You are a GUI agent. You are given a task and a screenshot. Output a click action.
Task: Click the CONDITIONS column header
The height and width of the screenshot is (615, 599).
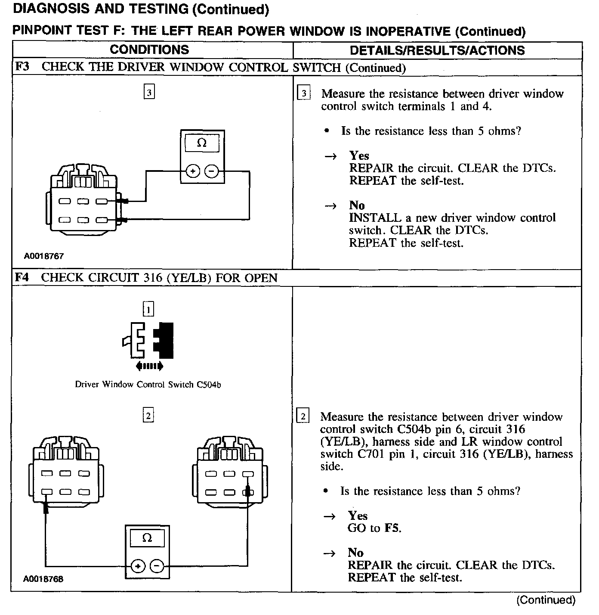click(149, 50)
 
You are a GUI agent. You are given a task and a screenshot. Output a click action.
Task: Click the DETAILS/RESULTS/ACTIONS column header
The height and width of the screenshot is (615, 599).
click(437, 50)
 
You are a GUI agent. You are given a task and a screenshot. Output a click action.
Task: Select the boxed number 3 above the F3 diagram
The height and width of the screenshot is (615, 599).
click(149, 92)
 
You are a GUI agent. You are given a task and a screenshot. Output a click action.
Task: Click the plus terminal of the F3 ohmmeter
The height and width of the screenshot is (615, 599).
click(192, 171)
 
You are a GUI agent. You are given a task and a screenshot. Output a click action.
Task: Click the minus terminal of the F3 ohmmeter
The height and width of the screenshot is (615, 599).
click(211, 171)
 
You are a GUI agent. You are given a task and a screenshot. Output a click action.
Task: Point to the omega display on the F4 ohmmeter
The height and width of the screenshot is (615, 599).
click(147, 538)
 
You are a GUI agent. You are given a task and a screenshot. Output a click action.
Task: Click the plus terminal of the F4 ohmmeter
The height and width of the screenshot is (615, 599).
click(138, 566)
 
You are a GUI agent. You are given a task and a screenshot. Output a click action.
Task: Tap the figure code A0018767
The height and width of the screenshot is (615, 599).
click(43, 256)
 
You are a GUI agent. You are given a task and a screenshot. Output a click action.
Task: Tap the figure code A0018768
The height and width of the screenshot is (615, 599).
click(43, 579)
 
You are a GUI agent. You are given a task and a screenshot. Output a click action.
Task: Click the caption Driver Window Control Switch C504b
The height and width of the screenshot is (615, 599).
click(148, 385)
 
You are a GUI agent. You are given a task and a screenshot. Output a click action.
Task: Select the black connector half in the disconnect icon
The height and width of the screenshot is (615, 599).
click(166, 340)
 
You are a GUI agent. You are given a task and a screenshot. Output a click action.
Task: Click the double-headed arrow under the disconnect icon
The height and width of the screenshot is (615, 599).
click(149, 367)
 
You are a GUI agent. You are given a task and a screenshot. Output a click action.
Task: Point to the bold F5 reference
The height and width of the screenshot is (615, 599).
click(392, 528)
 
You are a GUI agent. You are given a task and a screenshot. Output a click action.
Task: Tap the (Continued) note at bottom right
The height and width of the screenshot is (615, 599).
click(546, 600)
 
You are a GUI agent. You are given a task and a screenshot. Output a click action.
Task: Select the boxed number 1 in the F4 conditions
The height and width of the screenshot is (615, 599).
click(148, 309)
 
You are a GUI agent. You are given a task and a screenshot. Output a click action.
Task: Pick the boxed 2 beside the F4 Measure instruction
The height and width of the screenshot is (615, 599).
click(303, 416)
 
